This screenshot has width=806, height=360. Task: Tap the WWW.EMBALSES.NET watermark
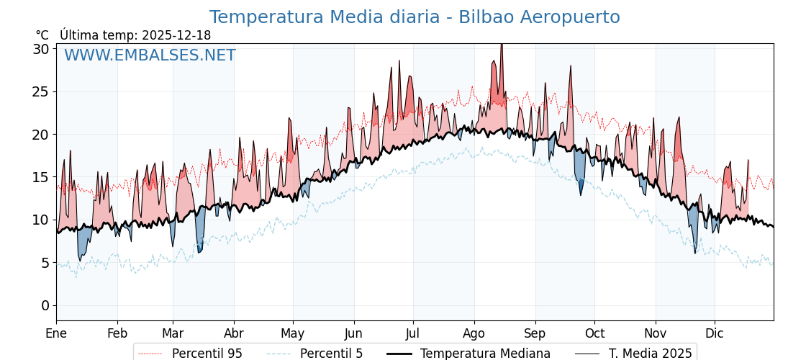click(x=150, y=55)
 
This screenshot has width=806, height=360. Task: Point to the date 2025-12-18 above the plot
click(x=176, y=35)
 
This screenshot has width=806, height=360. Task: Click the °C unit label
click(x=42, y=35)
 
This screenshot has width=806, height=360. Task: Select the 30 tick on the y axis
click(x=41, y=49)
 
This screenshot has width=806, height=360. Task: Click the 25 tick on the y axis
click(x=41, y=91)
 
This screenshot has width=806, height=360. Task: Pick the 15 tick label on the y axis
click(x=41, y=177)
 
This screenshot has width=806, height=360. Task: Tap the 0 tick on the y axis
click(x=45, y=305)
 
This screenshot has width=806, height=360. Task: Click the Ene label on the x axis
click(x=56, y=333)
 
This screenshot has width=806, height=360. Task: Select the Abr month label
click(x=234, y=333)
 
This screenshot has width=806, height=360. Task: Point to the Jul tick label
click(x=413, y=333)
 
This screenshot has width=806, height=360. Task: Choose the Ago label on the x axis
click(x=474, y=333)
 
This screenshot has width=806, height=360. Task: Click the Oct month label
click(x=594, y=333)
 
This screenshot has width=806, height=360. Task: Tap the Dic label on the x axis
click(x=715, y=333)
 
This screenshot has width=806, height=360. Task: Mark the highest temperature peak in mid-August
click(x=502, y=45)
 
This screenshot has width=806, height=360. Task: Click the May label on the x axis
click(x=293, y=333)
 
